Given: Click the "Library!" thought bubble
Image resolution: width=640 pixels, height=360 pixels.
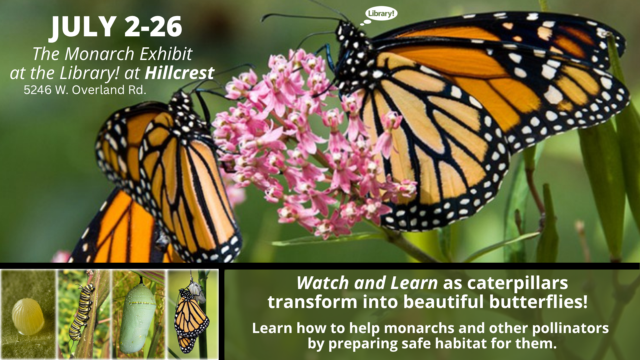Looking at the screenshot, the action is (x=381, y=14).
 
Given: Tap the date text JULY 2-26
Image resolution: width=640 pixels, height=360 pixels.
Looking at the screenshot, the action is (x=116, y=27).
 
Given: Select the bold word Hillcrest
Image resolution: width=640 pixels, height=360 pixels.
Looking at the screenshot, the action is (x=179, y=73).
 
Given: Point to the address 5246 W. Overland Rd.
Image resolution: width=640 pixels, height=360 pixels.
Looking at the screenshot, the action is (x=85, y=90).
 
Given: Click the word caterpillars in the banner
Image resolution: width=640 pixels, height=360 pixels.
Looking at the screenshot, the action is (x=517, y=283).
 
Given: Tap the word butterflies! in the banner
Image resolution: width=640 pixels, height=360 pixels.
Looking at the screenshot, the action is (x=538, y=302).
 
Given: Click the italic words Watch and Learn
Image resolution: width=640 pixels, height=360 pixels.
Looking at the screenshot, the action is (x=367, y=283).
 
